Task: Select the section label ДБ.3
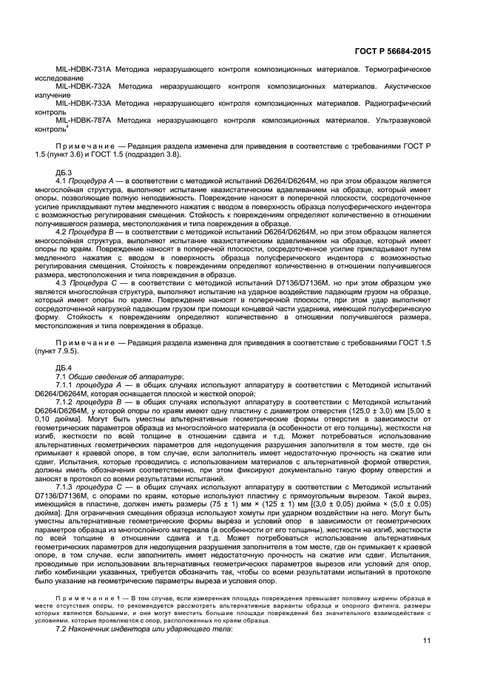point(64,172)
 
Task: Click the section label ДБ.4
point(64,367)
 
